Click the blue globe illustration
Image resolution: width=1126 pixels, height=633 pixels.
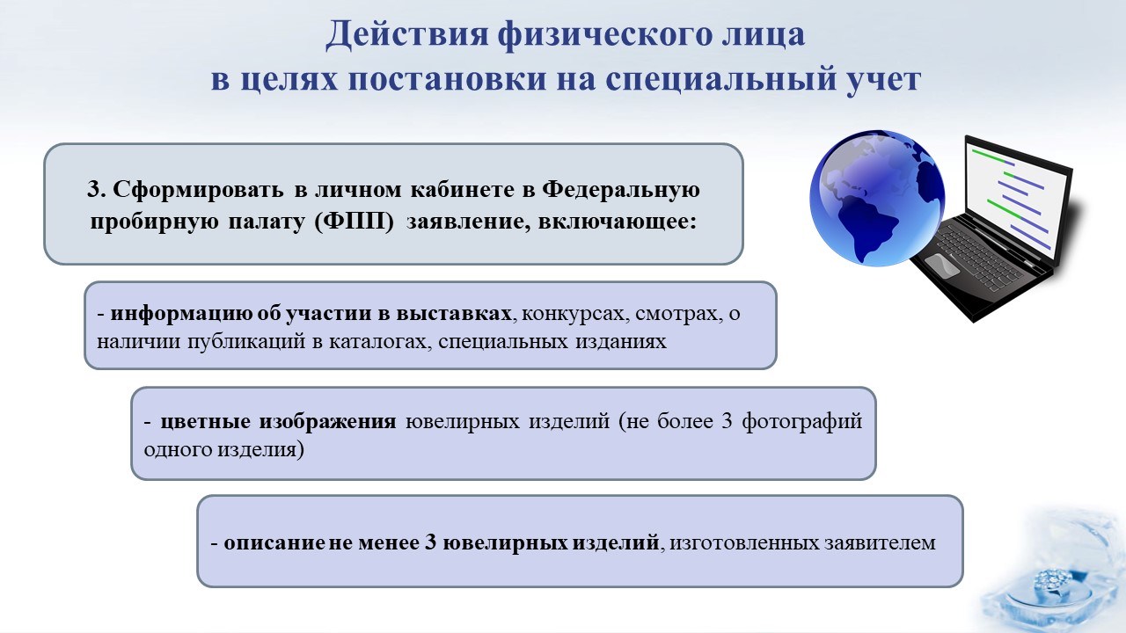pyautogui.click(x=877, y=198)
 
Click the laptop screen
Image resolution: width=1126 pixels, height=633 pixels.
pyautogui.click(x=1015, y=197)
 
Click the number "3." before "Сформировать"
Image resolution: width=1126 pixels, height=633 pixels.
pyautogui.click(x=96, y=189)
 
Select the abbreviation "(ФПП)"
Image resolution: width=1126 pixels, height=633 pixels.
pyautogui.click(x=355, y=222)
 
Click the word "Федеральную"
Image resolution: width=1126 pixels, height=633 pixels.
pyautogui.click(x=621, y=189)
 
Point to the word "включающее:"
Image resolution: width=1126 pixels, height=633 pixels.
pyautogui.click(x=618, y=222)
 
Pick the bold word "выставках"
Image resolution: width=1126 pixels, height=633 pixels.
pyautogui.click(x=454, y=313)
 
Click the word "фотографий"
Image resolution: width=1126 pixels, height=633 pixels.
pyautogui.click(x=802, y=421)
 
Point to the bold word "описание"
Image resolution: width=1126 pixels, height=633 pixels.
pyautogui.click(x=274, y=542)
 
